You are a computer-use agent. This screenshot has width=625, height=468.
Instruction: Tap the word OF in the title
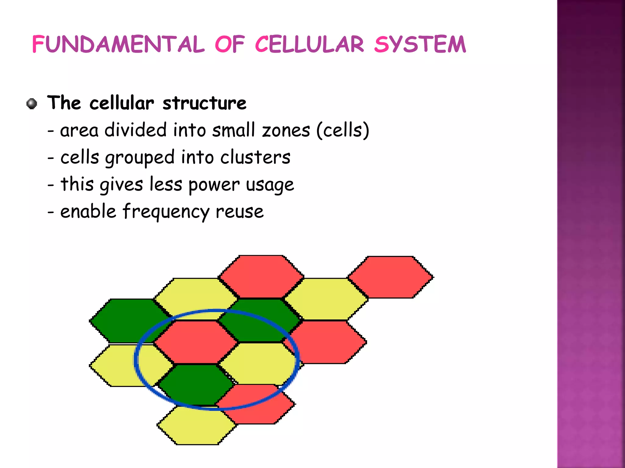pos(230,45)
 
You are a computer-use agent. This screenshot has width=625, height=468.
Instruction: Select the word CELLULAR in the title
pos(309,45)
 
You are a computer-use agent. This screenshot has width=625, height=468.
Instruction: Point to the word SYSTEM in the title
pos(420,45)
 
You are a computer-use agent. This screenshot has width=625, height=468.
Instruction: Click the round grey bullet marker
pos(32,104)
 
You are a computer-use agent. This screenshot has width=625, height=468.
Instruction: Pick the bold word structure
pos(204,103)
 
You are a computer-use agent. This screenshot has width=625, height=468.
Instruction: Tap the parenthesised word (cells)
pos(342,130)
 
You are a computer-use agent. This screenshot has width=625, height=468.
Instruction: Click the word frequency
pos(166,212)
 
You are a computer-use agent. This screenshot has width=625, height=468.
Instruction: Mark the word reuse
pos(239,212)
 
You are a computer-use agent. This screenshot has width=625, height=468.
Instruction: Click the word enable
pos(88,212)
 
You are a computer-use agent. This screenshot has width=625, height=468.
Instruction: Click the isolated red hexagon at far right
pos(391,277)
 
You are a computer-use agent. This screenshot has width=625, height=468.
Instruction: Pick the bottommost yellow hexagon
pos(197,426)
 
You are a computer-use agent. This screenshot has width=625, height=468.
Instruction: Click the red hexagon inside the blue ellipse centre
pos(195,342)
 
